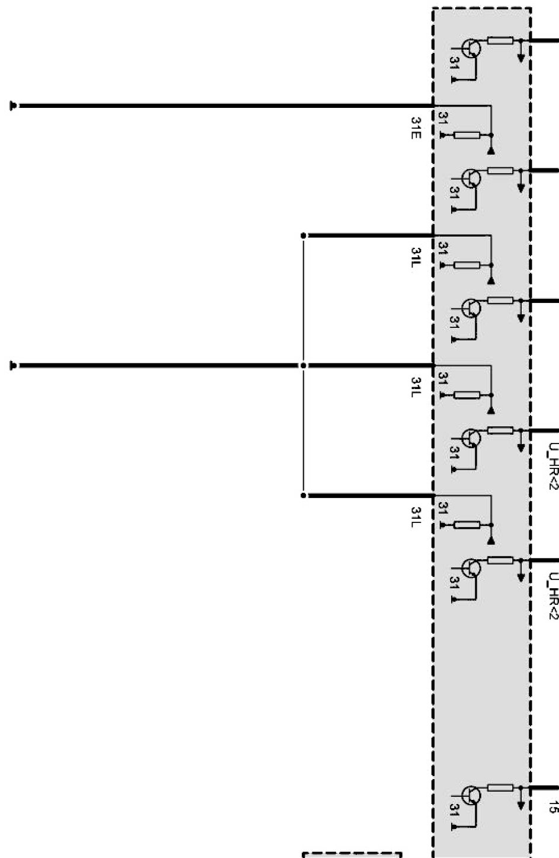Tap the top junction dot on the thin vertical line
point(304,235)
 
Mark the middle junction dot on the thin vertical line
point(304,366)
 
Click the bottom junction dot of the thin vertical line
point(304,495)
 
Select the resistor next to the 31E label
point(467,135)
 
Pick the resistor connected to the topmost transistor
point(500,41)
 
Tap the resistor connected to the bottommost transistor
point(500,788)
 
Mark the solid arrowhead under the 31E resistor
point(491,151)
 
